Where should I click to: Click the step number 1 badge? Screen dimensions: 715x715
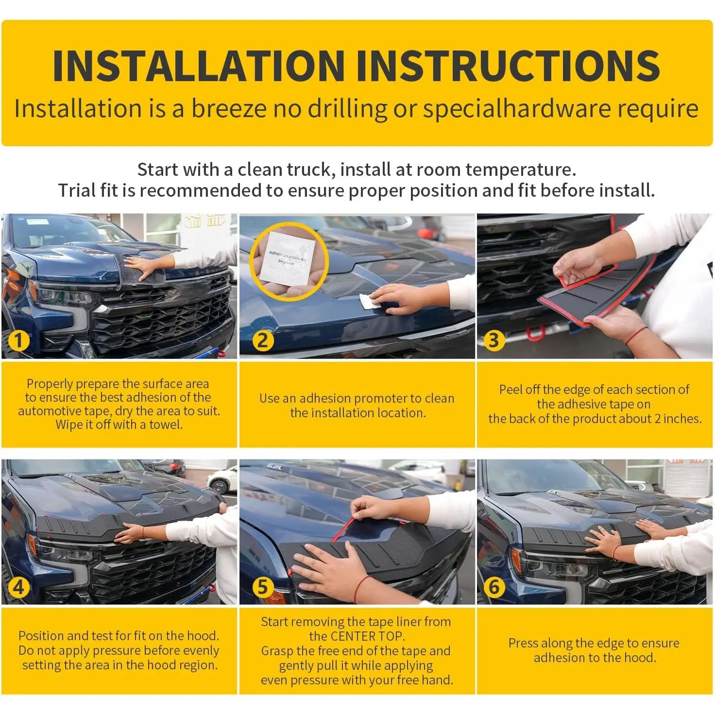point(18,340)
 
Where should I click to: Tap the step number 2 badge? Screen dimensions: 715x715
point(263,340)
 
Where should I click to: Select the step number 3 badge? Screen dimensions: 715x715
point(494,340)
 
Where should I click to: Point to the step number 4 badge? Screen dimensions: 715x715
point(18,587)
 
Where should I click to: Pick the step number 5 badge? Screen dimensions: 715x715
point(263,587)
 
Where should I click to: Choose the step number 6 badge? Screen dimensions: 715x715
point(494,587)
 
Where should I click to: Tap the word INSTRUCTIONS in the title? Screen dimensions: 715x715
point(509,66)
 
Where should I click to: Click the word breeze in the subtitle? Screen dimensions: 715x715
point(229,109)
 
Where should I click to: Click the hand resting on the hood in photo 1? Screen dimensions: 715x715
point(143,267)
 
